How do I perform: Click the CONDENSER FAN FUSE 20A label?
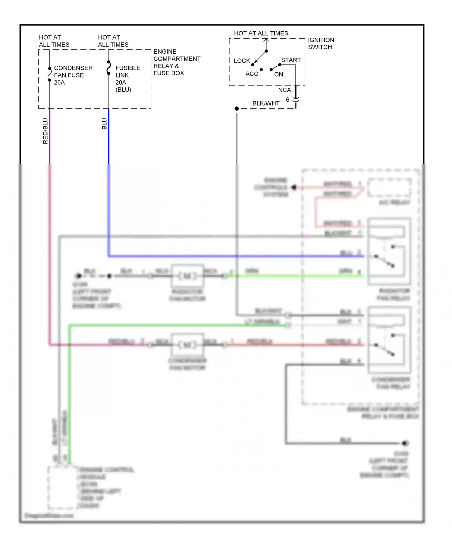[73, 75]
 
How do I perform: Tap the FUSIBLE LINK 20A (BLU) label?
[127, 78]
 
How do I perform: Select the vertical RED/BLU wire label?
[45, 131]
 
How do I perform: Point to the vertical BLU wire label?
[104, 124]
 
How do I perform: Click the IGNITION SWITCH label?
[321, 43]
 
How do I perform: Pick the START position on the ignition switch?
[290, 60]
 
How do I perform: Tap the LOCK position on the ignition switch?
[242, 61]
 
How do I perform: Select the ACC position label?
[252, 74]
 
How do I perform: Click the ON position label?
[278, 74]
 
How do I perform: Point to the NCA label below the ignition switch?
[284, 90]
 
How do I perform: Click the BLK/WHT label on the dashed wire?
[265, 103]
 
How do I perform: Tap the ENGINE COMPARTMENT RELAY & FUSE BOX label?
[177, 62]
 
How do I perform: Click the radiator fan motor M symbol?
[187, 276]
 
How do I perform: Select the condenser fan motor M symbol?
[187, 344]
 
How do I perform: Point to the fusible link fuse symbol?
[109, 68]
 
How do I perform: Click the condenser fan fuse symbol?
[50, 74]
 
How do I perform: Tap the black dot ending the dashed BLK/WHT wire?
[237, 109]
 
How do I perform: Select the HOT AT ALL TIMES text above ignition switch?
[261, 33]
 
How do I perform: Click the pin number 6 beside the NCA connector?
[287, 99]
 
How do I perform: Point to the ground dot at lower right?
[405, 443]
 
